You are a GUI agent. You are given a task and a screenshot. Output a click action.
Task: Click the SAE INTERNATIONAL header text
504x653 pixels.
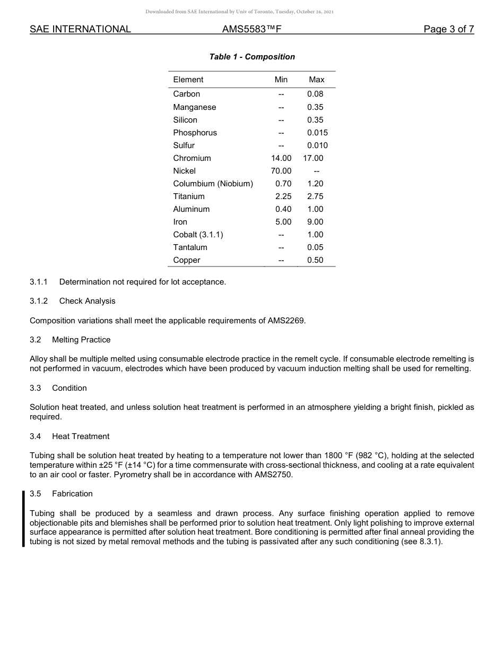tap(80, 29)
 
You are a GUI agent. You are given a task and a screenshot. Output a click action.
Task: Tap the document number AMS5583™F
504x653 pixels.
tap(251, 29)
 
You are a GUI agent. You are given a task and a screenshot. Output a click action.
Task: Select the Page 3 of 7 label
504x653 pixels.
tap(448, 29)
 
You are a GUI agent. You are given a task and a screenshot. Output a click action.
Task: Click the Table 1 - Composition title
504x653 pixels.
tap(252, 57)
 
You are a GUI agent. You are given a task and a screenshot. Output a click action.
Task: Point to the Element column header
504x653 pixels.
tap(188, 80)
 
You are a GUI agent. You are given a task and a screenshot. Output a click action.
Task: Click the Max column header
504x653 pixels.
tap(316, 80)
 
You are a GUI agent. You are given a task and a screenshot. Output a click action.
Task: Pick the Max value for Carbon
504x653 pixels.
tap(315, 94)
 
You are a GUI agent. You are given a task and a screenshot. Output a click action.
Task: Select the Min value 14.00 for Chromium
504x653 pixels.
tap(281, 158)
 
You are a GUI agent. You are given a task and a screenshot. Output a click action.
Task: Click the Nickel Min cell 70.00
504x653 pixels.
tap(281, 171)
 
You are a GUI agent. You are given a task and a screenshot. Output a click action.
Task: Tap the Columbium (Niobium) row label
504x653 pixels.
tap(213, 184)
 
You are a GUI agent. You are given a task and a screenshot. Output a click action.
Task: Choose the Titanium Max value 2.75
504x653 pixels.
tap(315, 196)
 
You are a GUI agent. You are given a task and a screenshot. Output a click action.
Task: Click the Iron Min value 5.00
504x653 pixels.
tap(283, 222)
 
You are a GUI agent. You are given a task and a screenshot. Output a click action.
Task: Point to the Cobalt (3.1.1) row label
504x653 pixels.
tap(198, 235)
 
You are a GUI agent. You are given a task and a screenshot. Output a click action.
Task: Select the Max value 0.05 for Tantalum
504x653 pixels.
tap(315, 247)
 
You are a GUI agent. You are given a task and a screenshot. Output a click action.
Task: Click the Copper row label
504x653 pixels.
tap(187, 260)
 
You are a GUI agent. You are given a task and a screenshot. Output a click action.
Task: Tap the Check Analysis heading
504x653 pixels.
tap(87, 301)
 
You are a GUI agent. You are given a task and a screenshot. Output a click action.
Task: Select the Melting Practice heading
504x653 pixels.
tap(81, 340)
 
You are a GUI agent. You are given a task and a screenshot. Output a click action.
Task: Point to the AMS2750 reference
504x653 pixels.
tap(273, 475)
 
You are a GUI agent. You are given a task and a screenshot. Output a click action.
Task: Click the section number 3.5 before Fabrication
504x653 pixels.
tap(36, 494)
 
